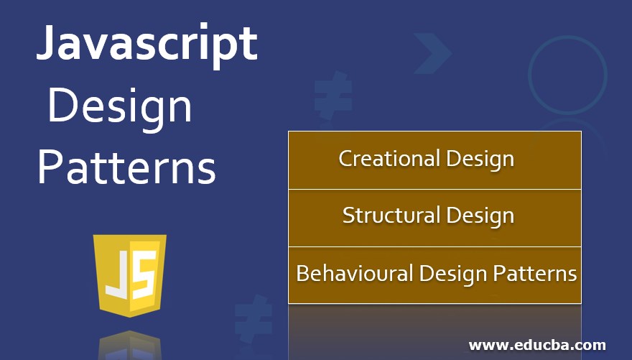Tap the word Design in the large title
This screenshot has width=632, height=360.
(x=120, y=106)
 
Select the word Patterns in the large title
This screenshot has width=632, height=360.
(x=126, y=167)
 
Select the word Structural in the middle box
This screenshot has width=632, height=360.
(x=391, y=215)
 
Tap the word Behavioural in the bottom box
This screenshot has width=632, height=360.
(x=355, y=274)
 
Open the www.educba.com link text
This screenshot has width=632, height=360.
(x=537, y=345)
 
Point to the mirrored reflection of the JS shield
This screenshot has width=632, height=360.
(x=130, y=344)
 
